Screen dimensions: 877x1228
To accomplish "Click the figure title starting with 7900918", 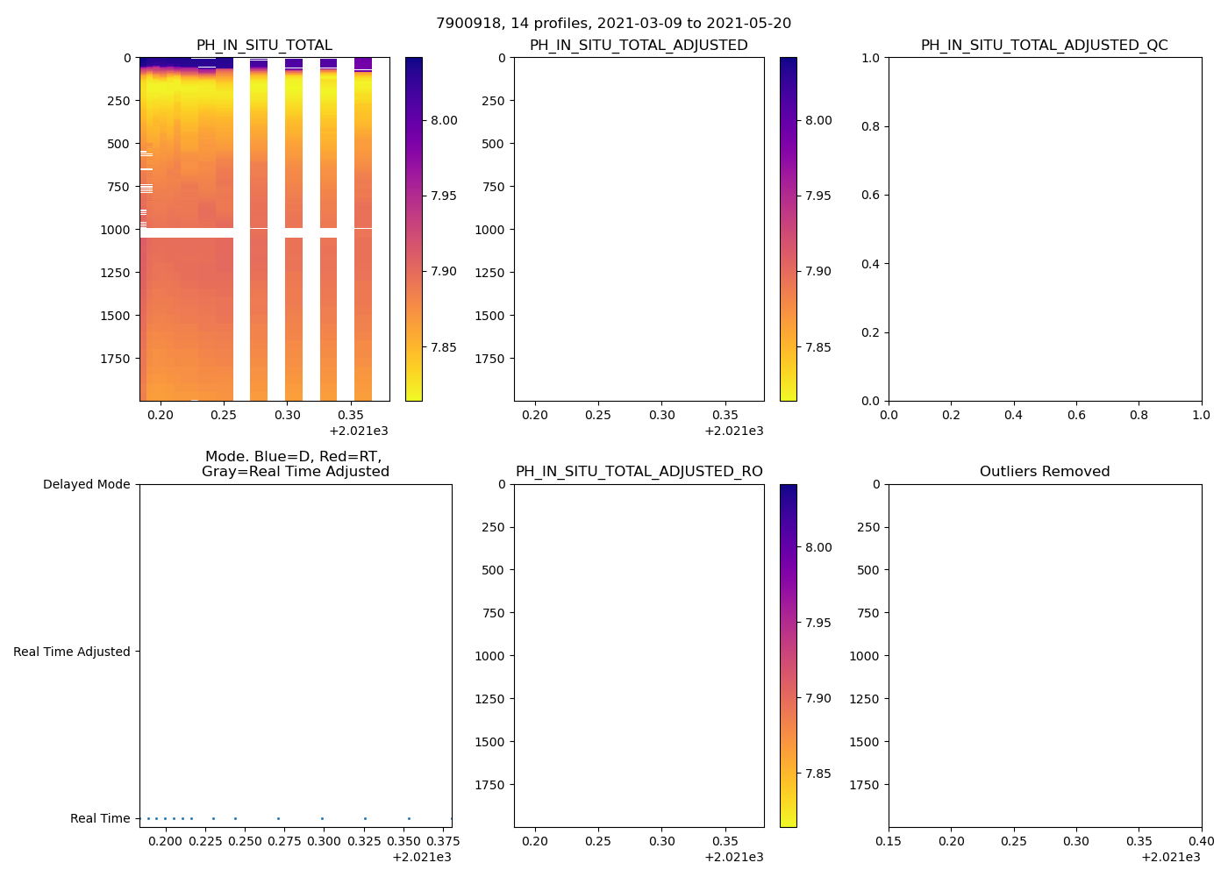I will (x=613, y=24).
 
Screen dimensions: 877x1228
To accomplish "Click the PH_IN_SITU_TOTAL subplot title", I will (x=264, y=46).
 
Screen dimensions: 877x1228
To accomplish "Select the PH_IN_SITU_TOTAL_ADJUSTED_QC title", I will (x=1044, y=46).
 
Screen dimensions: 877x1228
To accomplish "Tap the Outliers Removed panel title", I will (x=1044, y=472).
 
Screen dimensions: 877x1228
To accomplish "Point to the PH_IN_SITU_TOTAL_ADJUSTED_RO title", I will (x=639, y=472).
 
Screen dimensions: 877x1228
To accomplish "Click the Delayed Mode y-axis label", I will (x=86, y=484).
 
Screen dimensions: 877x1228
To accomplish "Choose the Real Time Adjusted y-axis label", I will (x=72, y=652).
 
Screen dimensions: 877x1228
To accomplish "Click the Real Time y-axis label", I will (x=100, y=818).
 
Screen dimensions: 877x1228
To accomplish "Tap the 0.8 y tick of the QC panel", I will (x=871, y=126).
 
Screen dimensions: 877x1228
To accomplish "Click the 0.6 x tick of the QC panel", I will (x=1076, y=415).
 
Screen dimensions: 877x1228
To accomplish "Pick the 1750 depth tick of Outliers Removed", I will (x=864, y=785).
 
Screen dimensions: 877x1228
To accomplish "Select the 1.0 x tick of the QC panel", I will (x=1201, y=415).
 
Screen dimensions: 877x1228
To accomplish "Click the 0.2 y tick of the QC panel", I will (x=871, y=332).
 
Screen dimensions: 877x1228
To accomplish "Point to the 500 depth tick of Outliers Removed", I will (x=867, y=570).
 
